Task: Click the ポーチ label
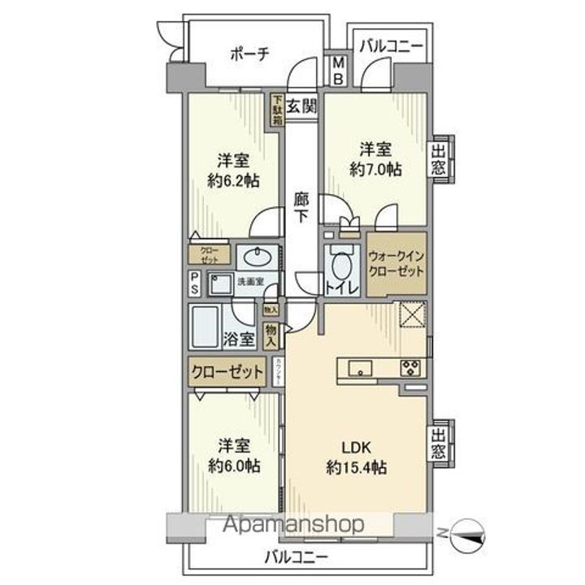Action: [x=249, y=54]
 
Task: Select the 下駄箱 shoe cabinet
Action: [x=278, y=108]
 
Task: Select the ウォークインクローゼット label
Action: [x=396, y=263]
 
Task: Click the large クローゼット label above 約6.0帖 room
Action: [x=228, y=373]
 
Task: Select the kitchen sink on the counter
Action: [x=358, y=368]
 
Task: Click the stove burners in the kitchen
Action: [x=409, y=368]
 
